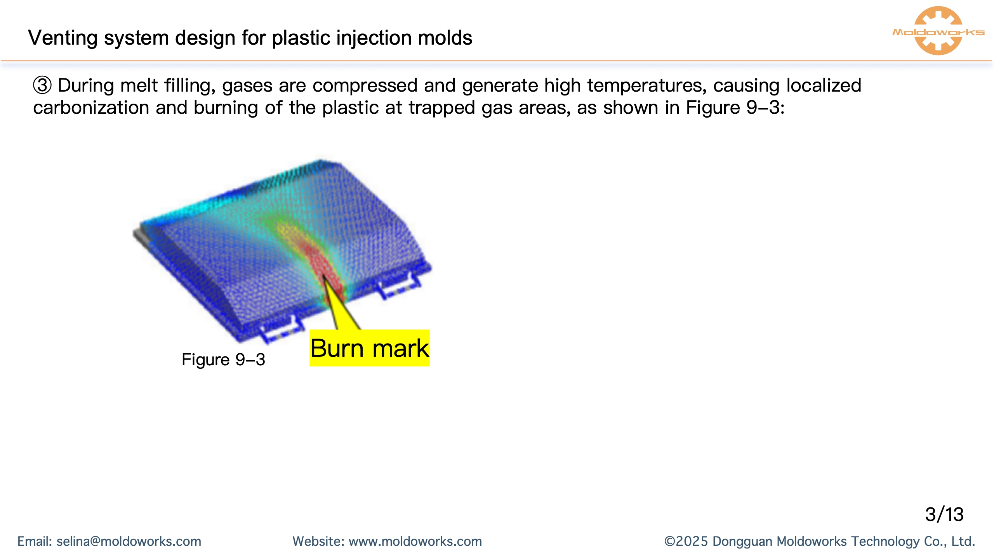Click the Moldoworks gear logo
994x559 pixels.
pos(938,31)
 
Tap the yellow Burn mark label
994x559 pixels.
pos(370,348)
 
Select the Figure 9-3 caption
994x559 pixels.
pos(223,359)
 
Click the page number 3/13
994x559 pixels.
pos(944,514)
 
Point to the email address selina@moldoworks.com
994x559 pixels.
pos(129,541)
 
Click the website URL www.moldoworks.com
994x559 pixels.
pos(415,541)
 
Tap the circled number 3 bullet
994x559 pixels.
pos(42,85)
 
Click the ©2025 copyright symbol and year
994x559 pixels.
pos(686,541)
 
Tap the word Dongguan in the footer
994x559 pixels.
pos(742,541)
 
